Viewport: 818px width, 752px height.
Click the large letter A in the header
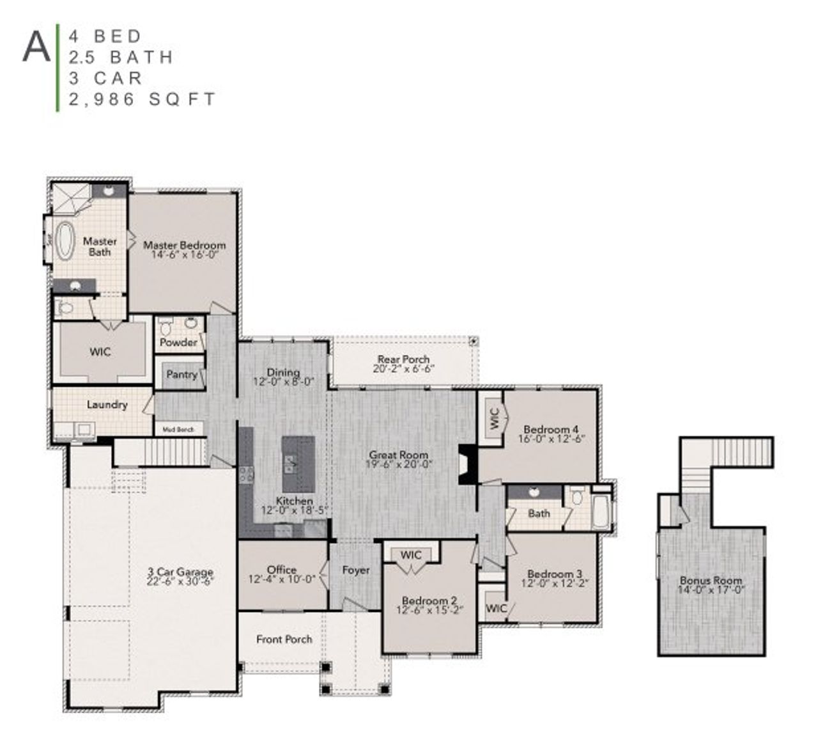[36, 47]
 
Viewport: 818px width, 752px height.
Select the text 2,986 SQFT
[143, 100]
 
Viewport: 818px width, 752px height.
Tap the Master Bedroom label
[184, 245]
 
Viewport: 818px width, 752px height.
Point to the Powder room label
[178, 342]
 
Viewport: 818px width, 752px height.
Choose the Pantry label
[181, 374]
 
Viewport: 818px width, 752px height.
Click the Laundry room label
[107, 404]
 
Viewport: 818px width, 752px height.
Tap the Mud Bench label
[178, 430]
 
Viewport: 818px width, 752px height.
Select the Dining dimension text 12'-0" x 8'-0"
[283, 382]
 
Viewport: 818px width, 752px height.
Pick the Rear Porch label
[403, 359]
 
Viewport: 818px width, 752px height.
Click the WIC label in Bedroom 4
[493, 419]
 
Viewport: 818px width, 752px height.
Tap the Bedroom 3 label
[554, 574]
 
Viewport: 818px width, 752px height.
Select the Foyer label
[356, 570]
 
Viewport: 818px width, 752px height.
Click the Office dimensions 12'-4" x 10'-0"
[282, 579]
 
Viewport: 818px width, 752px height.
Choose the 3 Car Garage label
[180, 572]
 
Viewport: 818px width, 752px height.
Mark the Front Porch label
[284, 639]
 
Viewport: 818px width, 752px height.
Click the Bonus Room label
[711, 580]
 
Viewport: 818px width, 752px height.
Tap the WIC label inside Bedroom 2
[411, 555]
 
